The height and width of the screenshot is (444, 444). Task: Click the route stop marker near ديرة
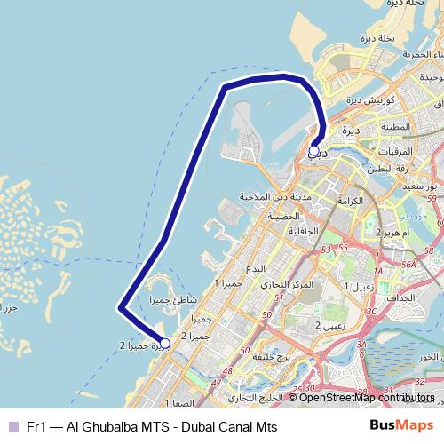[x=313, y=151]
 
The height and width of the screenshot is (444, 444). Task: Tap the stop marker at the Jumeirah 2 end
[x=164, y=342]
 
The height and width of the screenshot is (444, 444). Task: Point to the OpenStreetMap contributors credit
[x=366, y=397]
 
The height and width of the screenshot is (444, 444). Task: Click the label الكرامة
[x=351, y=202]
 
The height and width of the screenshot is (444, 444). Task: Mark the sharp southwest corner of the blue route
[x=120, y=309]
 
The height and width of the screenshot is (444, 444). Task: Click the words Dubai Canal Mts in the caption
[x=230, y=427]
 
